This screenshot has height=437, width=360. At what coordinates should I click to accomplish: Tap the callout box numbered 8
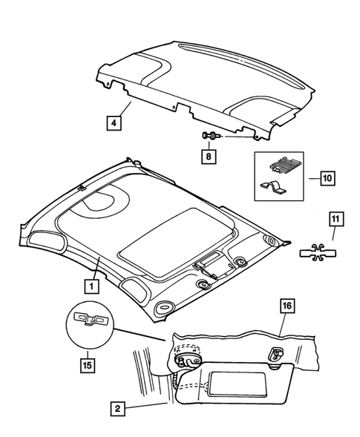(x=209, y=157)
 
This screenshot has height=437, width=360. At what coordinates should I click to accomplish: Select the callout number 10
(x=327, y=178)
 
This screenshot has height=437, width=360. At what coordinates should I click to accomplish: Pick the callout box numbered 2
(x=117, y=407)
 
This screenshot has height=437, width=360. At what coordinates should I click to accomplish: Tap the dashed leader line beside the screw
(x=233, y=137)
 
